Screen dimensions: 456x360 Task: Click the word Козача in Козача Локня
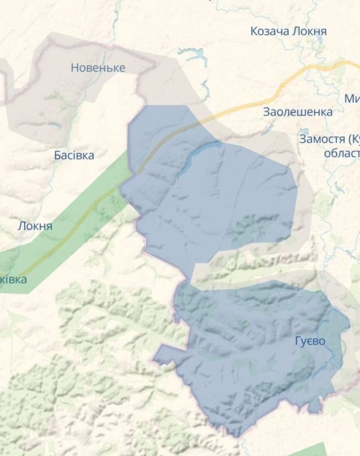269,31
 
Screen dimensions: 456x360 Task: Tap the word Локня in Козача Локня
309,31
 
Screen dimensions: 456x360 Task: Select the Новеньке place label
98,68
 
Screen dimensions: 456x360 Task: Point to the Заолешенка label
297,112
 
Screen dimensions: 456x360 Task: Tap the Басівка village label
74,155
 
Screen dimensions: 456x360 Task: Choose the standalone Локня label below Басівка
35,226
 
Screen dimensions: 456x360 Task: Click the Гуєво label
310,341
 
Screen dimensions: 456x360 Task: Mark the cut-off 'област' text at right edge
341,153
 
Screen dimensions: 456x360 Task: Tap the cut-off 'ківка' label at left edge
13,279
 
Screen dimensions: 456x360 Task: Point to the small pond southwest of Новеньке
54,124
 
